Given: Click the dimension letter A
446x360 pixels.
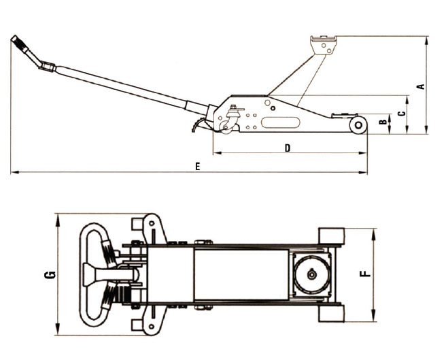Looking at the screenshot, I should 421,86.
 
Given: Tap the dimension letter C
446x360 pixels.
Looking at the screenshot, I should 402,113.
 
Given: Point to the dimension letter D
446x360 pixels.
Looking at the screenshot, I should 288,148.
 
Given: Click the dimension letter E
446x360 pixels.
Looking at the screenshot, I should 197,167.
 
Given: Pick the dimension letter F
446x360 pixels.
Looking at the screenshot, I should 366,274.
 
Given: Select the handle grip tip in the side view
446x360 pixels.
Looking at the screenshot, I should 18,42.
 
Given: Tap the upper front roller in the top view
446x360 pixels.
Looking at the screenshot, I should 332,235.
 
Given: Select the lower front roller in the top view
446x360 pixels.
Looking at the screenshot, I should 332,314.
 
